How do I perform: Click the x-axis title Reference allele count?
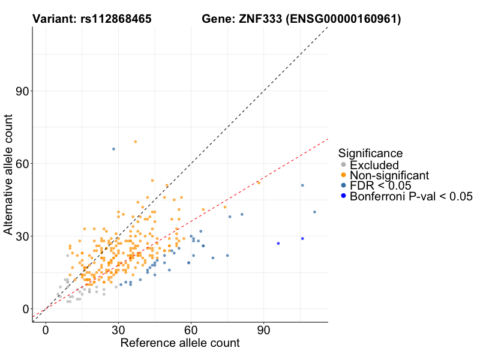tap(180, 344)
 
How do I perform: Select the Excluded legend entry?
tap(374, 164)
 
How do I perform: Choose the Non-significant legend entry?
tap(389, 175)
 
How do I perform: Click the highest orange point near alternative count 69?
tap(135, 142)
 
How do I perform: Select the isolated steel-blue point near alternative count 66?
tap(113, 149)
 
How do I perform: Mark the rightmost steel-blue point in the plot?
tap(314, 212)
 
